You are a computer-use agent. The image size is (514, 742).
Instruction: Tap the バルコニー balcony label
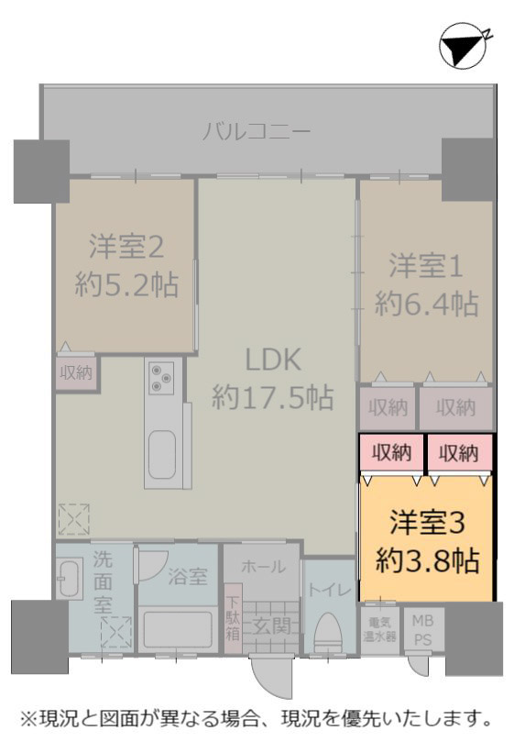pos(257,130)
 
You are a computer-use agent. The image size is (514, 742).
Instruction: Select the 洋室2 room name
pos(126,247)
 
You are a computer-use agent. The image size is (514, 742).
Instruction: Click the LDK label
pos(273,360)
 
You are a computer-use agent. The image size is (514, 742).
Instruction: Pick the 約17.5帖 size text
pos(273,396)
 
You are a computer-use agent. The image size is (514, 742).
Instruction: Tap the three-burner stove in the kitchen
pos(161,378)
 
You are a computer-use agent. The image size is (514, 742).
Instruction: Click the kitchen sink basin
pos(162,455)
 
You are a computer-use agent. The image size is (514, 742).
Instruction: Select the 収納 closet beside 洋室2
pos(76,372)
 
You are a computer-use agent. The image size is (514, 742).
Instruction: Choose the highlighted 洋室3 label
pos(427,523)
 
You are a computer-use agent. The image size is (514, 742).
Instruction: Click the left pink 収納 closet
pos(391,453)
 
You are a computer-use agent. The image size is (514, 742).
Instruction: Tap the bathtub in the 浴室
pos(178,629)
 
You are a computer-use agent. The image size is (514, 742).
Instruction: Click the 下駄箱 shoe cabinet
pos(233,618)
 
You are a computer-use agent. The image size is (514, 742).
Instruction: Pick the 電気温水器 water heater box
pos(379,629)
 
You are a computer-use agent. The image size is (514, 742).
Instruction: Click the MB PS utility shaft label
pos(422,629)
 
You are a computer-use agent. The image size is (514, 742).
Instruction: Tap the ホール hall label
pos(263,567)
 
